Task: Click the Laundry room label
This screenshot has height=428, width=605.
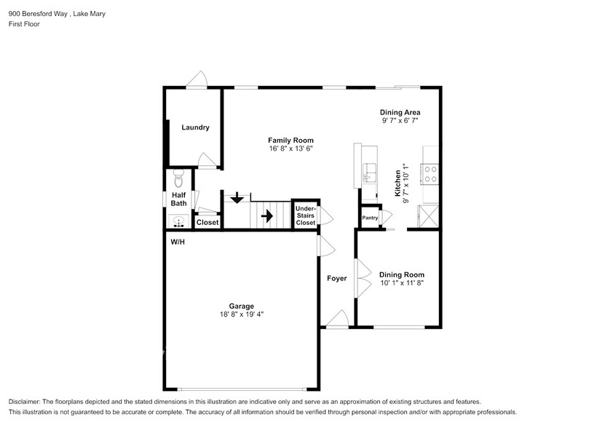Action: pos(195,127)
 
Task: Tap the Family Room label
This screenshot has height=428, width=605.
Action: pos(290,140)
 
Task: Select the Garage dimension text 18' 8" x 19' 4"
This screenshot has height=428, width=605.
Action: pos(241,314)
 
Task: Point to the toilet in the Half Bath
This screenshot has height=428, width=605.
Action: pos(178,177)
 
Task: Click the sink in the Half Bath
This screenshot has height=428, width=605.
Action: pos(178,221)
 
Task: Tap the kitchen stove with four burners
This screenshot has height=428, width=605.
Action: pos(431,173)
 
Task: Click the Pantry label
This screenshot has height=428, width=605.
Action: pos(370,218)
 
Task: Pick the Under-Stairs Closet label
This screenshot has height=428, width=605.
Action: pos(305,216)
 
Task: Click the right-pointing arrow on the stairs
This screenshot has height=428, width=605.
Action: pos(266,215)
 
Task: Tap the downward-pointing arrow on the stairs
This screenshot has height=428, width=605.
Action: pos(236,198)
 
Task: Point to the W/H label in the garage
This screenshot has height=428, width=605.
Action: pos(178,242)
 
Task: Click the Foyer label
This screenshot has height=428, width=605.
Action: pos(336,278)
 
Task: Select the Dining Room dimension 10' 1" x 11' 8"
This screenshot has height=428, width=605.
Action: pos(401,282)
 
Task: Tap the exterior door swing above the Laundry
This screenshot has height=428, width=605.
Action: pos(197,80)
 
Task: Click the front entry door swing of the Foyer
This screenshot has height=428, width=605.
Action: pos(336,319)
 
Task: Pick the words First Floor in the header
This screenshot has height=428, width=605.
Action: pos(24,24)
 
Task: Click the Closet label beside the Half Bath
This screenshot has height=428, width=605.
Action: pos(207,222)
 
